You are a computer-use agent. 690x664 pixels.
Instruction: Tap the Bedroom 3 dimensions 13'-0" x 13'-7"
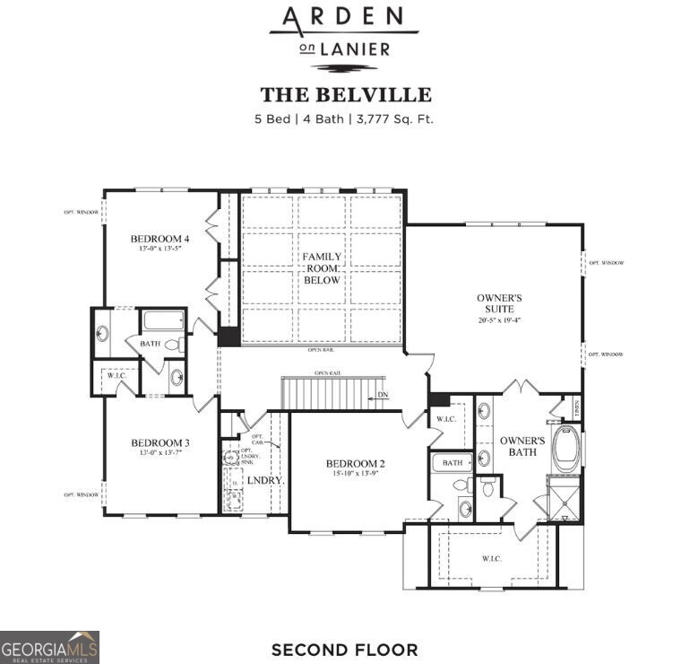(x=160, y=453)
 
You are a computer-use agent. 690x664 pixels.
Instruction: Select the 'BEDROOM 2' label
(x=355, y=463)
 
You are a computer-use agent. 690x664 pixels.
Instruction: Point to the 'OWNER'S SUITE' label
(x=499, y=302)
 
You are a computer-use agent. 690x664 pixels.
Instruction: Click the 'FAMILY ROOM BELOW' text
(x=321, y=268)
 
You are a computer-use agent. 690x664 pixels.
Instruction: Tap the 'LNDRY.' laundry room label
(x=265, y=480)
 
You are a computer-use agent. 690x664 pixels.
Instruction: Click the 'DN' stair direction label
(x=383, y=395)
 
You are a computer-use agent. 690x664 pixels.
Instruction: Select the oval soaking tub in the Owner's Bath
(x=566, y=449)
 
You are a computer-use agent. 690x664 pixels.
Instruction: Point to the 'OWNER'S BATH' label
(x=522, y=446)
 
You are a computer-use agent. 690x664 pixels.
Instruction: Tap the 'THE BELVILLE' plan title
(x=345, y=95)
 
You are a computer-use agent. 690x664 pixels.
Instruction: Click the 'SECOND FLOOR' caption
(x=344, y=649)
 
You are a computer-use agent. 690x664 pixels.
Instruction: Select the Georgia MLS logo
(x=50, y=647)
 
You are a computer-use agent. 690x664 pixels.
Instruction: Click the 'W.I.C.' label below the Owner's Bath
(x=491, y=558)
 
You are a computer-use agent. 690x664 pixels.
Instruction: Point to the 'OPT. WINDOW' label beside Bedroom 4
(x=81, y=213)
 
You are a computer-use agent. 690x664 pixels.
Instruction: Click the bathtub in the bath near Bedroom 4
(x=163, y=320)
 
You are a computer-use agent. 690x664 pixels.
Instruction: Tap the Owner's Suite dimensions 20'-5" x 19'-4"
(x=499, y=319)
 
